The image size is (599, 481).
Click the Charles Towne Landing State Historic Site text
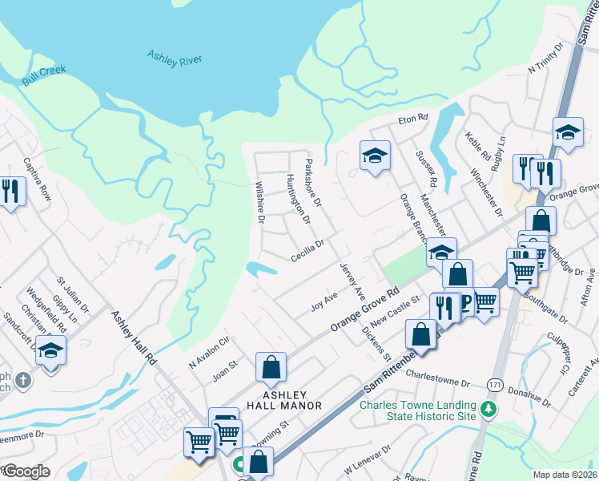pyautogui.click(x=417, y=410)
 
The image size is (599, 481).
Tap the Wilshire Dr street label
pyautogui.click(x=260, y=201)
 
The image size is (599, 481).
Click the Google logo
pyautogui.click(x=26, y=471)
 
